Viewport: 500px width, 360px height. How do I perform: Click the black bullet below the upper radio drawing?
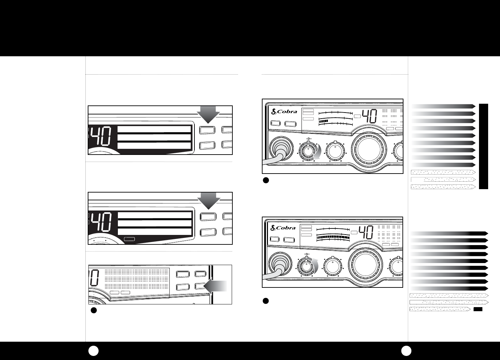[x=266, y=180]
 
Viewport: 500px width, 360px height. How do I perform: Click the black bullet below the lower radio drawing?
[x=266, y=301]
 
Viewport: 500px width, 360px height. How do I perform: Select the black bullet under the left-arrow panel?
[x=94, y=310]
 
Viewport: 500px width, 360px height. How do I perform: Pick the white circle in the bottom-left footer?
[x=93, y=351]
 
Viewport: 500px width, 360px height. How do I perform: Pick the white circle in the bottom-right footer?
[x=406, y=351]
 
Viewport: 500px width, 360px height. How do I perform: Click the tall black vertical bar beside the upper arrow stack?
[x=483, y=146]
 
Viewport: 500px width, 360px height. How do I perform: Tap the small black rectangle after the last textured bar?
[x=478, y=309]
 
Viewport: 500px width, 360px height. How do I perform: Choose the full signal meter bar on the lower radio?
[x=333, y=237]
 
